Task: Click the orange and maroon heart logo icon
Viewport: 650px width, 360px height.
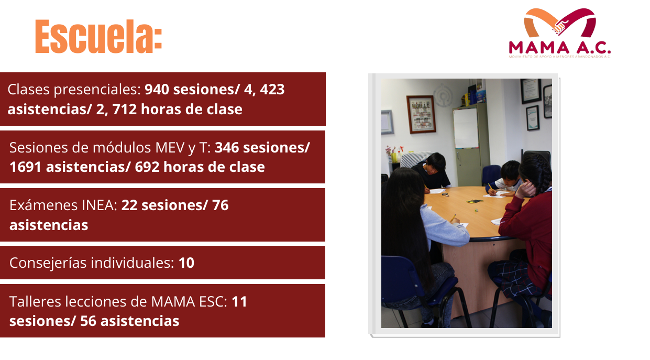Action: coord(559,24)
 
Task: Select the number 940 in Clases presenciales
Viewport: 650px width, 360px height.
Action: coord(157,90)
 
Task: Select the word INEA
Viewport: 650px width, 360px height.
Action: coord(101,205)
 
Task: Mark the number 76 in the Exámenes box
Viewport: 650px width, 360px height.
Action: coord(221,205)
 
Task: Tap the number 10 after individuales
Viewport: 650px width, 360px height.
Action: coord(186,263)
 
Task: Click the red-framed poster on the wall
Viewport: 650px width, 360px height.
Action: coord(421,114)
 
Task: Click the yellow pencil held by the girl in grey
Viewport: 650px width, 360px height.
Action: coord(454,217)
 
